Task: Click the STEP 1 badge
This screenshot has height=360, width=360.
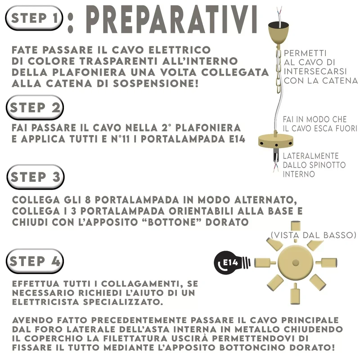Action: point(34,18)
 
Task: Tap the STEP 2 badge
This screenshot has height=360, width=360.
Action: point(35,107)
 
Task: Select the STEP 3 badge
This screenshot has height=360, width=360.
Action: point(36,177)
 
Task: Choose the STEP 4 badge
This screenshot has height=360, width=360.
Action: point(35,261)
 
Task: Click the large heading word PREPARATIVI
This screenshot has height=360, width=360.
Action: point(172,19)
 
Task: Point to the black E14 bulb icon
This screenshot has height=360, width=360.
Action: point(232,263)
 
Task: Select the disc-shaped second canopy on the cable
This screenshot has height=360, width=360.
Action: point(276,140)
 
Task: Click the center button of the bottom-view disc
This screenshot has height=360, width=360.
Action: point(296,262)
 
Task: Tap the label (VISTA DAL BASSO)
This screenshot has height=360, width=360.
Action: point(314,235)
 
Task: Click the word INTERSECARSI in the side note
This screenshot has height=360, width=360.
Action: point(315,71)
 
